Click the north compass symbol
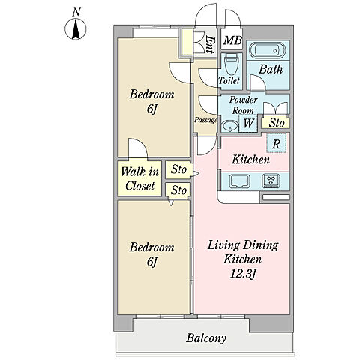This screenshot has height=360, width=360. [x=76, y=28]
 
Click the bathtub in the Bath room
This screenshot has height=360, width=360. [x=267, y=51]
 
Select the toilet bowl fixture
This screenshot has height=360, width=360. [x=231, y=64]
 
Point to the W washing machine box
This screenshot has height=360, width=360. [x=248, y=123]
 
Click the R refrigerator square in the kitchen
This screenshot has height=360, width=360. [x=277, y=143]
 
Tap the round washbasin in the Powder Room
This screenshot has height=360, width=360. [x=229, y=126]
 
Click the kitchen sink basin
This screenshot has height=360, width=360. [x=239, y=181]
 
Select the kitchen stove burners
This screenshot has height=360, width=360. [x=271, y=181]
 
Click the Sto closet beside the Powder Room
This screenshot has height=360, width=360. [x=276, y=122]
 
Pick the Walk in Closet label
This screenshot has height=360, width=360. [x=139, y=179]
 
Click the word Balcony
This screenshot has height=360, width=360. [x=206, y=338]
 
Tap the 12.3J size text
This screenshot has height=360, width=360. [x=242, y=274]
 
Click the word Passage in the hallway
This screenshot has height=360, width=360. [x=205, y=120]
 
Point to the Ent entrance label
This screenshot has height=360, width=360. [x=210, y=44]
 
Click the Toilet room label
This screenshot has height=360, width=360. [x=229, y=80]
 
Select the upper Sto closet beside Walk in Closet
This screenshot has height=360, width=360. [x=178, y=169]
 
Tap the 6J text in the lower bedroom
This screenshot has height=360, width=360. [x=152, y=262]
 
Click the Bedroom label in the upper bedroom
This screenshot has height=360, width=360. [x=151, y=94]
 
